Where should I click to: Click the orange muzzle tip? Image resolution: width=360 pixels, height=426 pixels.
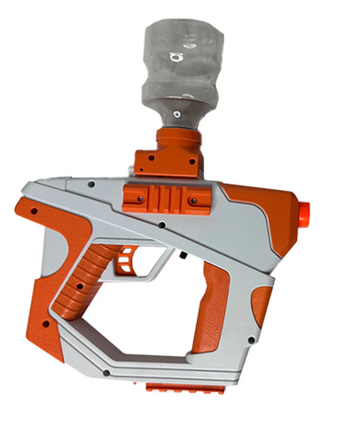point(304,214)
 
